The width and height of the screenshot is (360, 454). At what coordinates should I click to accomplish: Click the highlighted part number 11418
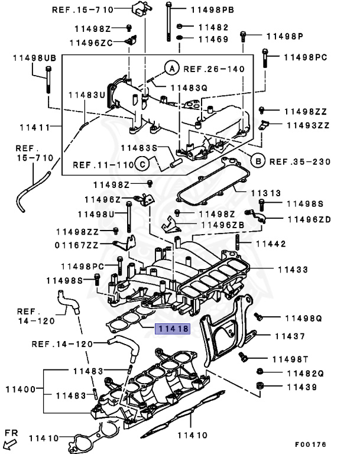tap(172, 329)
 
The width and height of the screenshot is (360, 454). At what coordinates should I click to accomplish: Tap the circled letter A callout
tap(171, 69)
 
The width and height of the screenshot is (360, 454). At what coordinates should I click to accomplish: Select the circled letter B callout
tap(257, 161)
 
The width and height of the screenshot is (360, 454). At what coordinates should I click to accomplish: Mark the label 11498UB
tap(34, 57)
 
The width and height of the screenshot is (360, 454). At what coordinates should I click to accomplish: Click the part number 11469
tap(213, 39)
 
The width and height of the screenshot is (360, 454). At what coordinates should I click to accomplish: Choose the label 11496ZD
tap(309, 219)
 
